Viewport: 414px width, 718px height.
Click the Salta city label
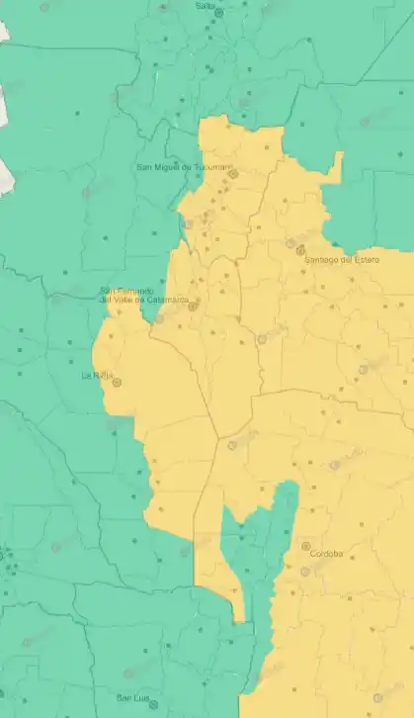point(206,6)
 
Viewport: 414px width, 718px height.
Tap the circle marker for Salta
point(218,14)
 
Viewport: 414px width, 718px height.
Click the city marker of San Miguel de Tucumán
point(234,174)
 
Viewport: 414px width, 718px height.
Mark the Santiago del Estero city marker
point(301,250)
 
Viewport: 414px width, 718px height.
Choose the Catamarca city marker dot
point(193,306)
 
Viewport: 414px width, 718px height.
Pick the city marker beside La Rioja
point(117,382)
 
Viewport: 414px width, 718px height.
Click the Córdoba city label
point(326,554)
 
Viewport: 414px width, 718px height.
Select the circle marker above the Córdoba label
point(305,546)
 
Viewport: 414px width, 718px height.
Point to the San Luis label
point(133,698)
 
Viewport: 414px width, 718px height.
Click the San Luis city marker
point(153,704)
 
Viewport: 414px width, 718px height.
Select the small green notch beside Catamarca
point(159,317)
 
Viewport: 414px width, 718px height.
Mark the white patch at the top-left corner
point(3,30)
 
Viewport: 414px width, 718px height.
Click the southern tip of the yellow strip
point(239,617)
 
